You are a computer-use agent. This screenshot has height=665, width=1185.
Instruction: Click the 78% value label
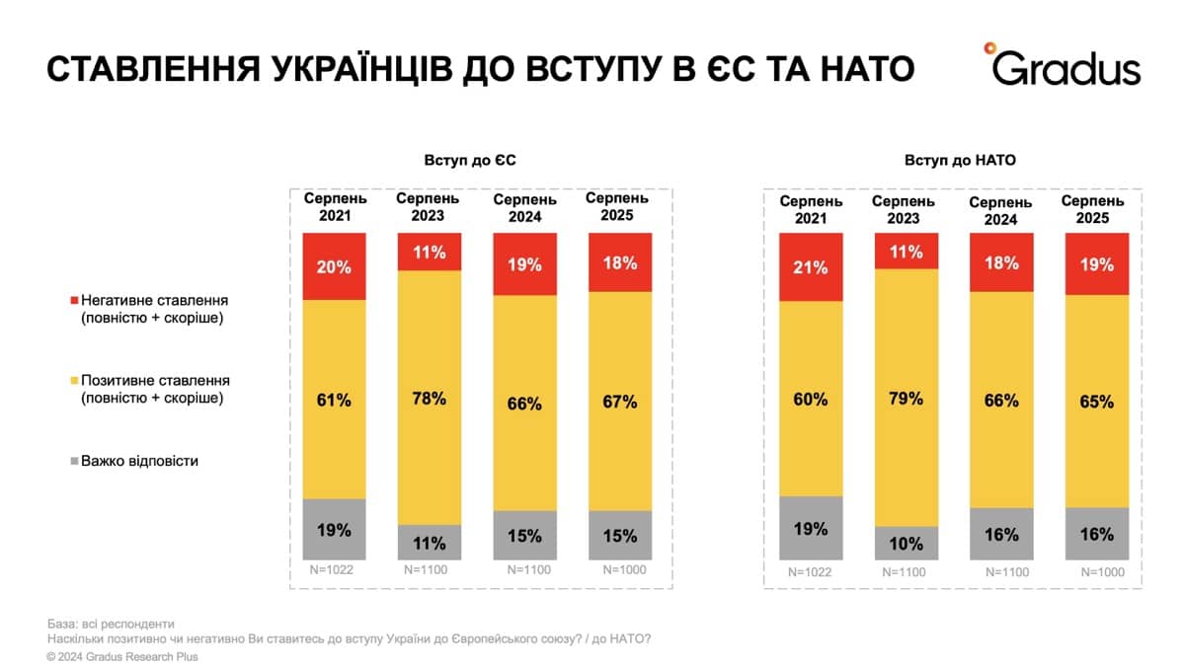429,399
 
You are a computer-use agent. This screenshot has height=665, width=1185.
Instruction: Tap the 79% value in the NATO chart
906,399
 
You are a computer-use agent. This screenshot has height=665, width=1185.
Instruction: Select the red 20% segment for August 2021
334,266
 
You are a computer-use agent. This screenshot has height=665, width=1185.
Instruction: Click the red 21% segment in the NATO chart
811,267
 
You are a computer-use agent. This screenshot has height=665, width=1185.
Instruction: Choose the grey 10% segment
906,544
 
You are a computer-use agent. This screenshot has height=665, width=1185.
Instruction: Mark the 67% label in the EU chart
620,402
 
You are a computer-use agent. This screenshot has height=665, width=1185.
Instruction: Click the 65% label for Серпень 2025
1097,402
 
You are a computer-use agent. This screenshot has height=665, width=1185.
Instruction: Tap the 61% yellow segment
334,400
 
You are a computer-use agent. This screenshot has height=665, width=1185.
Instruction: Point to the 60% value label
811,399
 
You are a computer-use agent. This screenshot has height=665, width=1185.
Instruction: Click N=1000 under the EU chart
619,570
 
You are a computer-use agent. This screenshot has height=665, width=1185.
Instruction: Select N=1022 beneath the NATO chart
811,571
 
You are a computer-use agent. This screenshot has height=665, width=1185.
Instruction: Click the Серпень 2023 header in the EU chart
428,208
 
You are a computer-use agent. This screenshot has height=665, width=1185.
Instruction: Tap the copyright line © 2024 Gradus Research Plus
122,656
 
